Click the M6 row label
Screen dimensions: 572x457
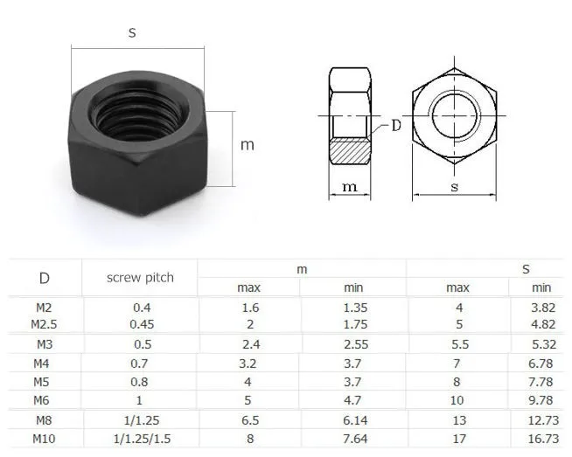(x=41, y=400)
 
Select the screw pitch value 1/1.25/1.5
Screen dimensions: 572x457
(x=142, y=439)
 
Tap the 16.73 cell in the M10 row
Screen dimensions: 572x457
(x=543, y=439)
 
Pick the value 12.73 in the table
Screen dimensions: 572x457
(x=543, y=420)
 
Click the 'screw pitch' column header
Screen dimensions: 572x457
(x=140, y=278)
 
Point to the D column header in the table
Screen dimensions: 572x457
(x=44, y=278)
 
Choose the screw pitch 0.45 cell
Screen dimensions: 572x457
(x=142, y=324)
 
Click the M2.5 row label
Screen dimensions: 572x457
(x=44, y=324)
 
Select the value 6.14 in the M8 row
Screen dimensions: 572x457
(x=355, y=420)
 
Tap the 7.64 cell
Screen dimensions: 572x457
(x=355, y=439)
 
